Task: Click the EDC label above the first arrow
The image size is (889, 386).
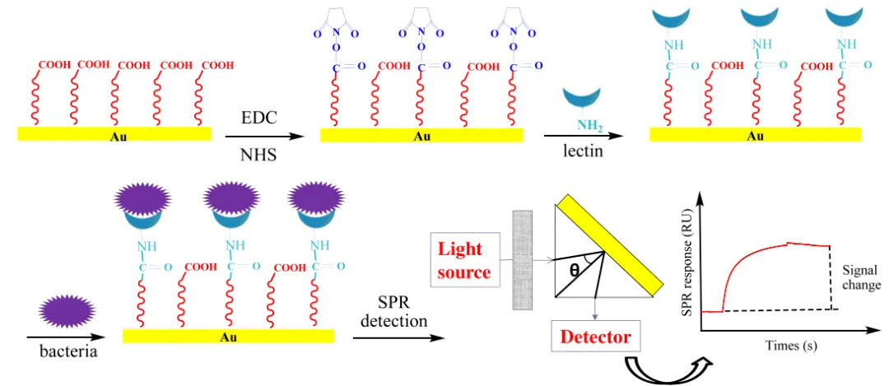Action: point(260,118)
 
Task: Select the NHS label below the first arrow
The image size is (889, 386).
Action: point(259,154)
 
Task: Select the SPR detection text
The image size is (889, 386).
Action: point(393,312)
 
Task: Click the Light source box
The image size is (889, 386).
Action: point(459,259)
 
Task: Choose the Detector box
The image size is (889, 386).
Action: point(595,336)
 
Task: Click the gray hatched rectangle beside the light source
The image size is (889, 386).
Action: point(524,259)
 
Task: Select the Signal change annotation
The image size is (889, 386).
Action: point(861,277)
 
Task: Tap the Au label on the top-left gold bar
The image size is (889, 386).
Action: point(116,136)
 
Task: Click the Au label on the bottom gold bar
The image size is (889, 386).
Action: point(228,337)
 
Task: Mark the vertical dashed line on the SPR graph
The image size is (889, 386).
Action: point(840,277)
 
